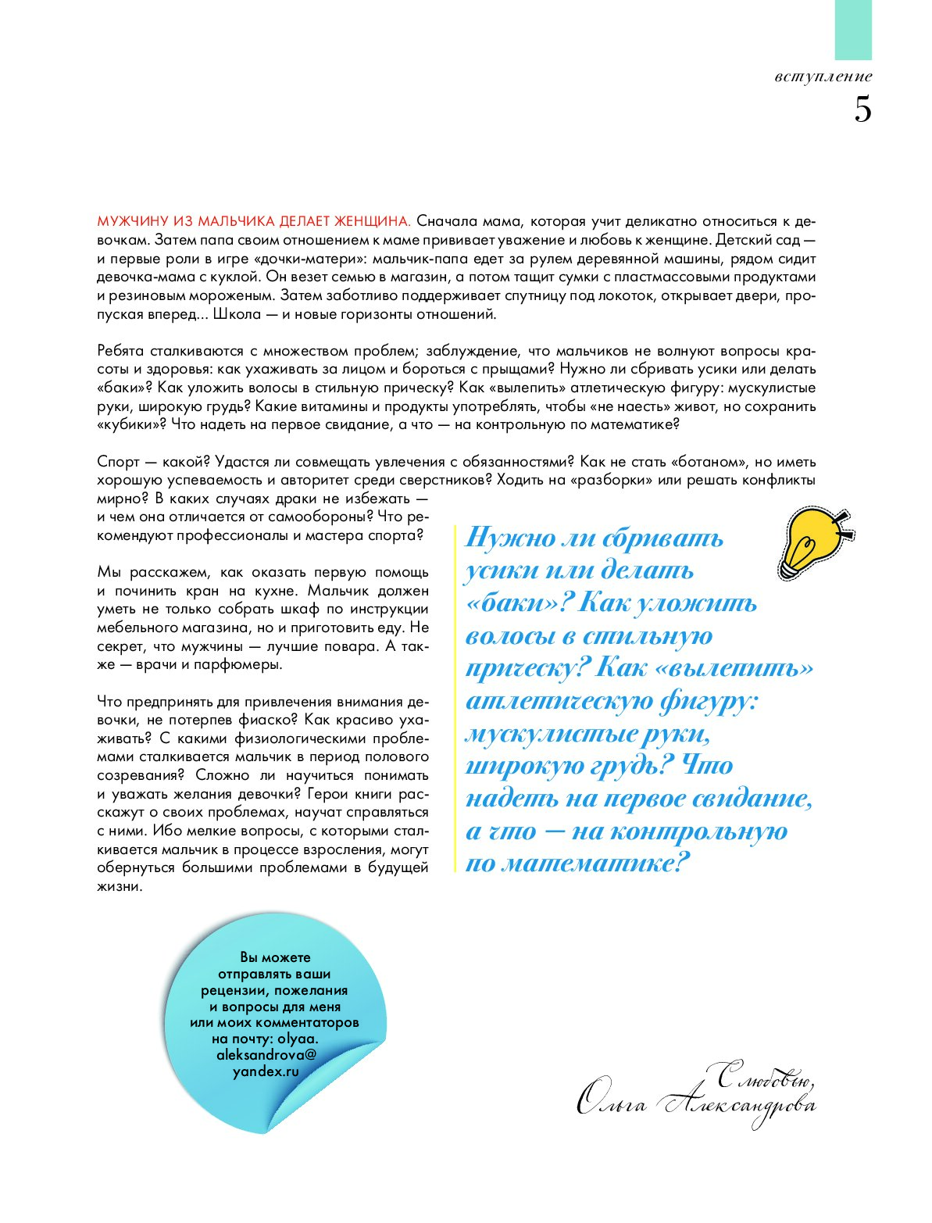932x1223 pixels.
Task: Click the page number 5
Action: point(862,110)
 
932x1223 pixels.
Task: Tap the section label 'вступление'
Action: point(823,77)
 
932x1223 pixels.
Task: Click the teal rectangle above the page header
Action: point(853,30)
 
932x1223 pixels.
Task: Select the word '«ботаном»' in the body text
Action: point(703,462)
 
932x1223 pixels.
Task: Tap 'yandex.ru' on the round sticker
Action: point(266,1071)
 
